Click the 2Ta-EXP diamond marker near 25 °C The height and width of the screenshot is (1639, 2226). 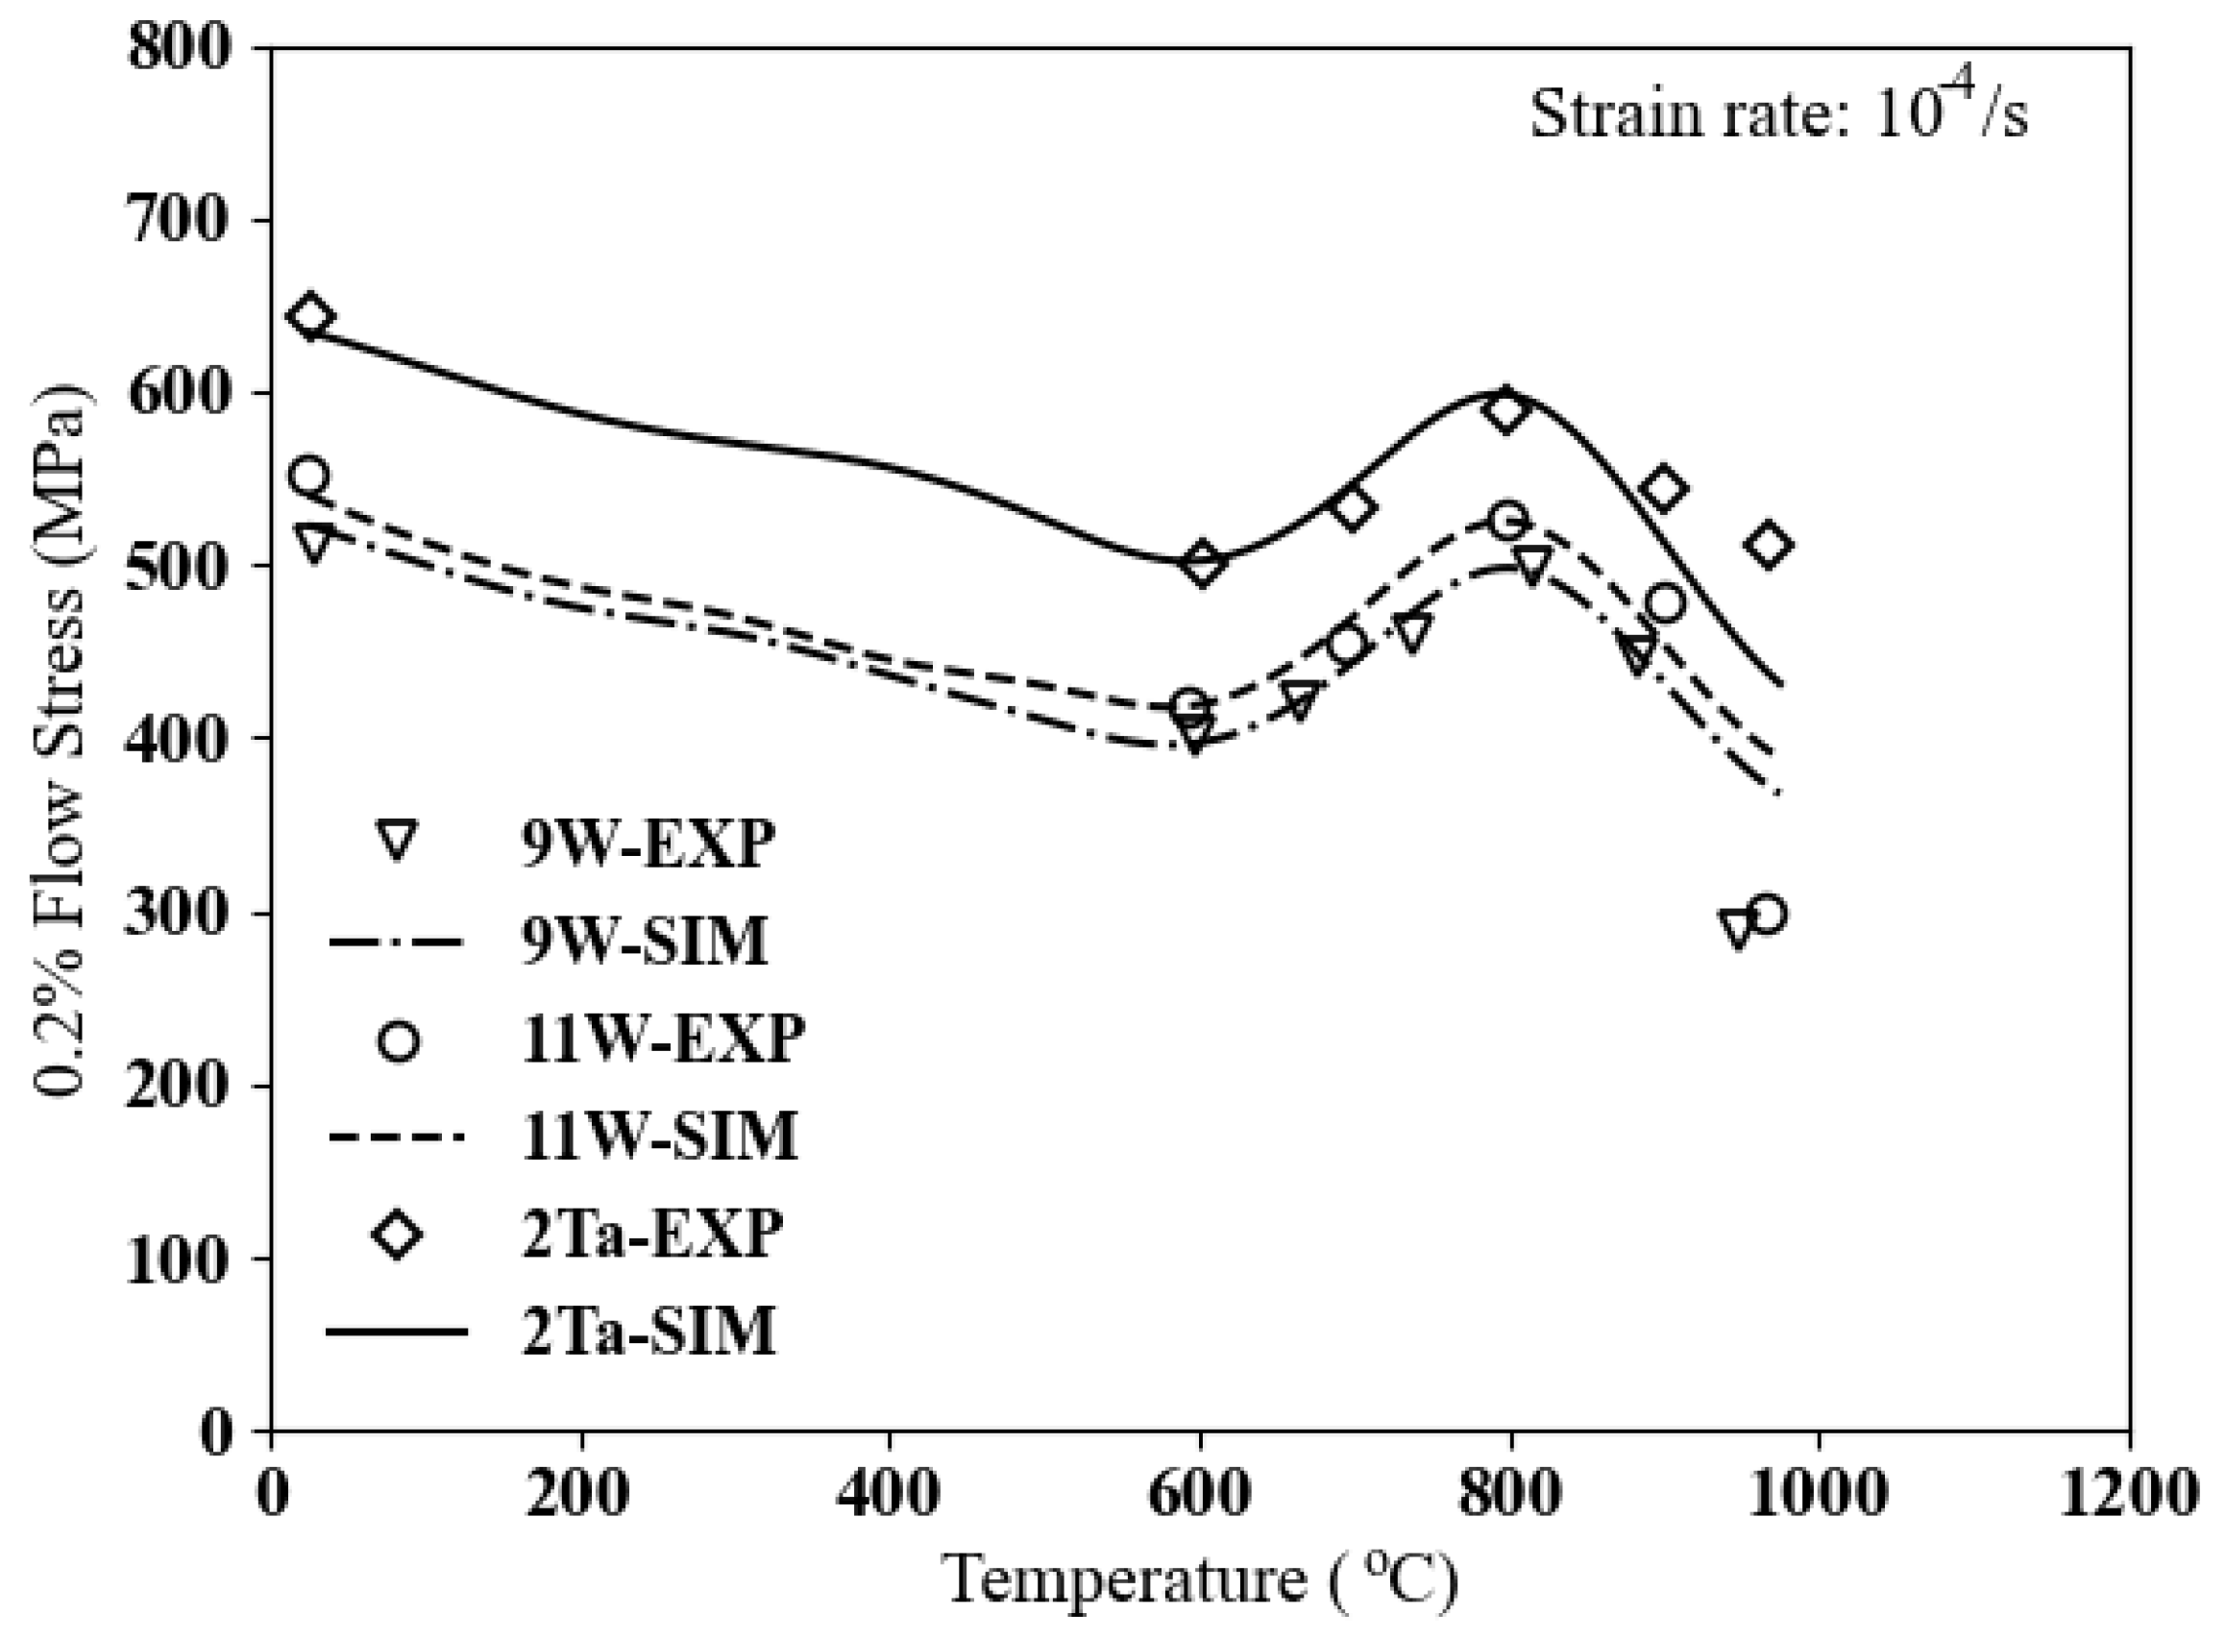click(309, 316)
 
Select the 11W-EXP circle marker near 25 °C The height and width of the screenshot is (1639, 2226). click(308, 477)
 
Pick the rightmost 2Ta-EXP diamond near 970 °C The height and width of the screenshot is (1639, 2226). click(1768, 546)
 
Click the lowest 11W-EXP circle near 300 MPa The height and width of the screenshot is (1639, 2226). click(1767, 914)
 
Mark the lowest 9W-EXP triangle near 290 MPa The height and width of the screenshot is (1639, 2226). click(1737, 928)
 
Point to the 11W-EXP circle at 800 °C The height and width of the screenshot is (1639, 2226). click(1507, 520)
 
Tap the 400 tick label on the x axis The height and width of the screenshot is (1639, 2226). click(888, 1491)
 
